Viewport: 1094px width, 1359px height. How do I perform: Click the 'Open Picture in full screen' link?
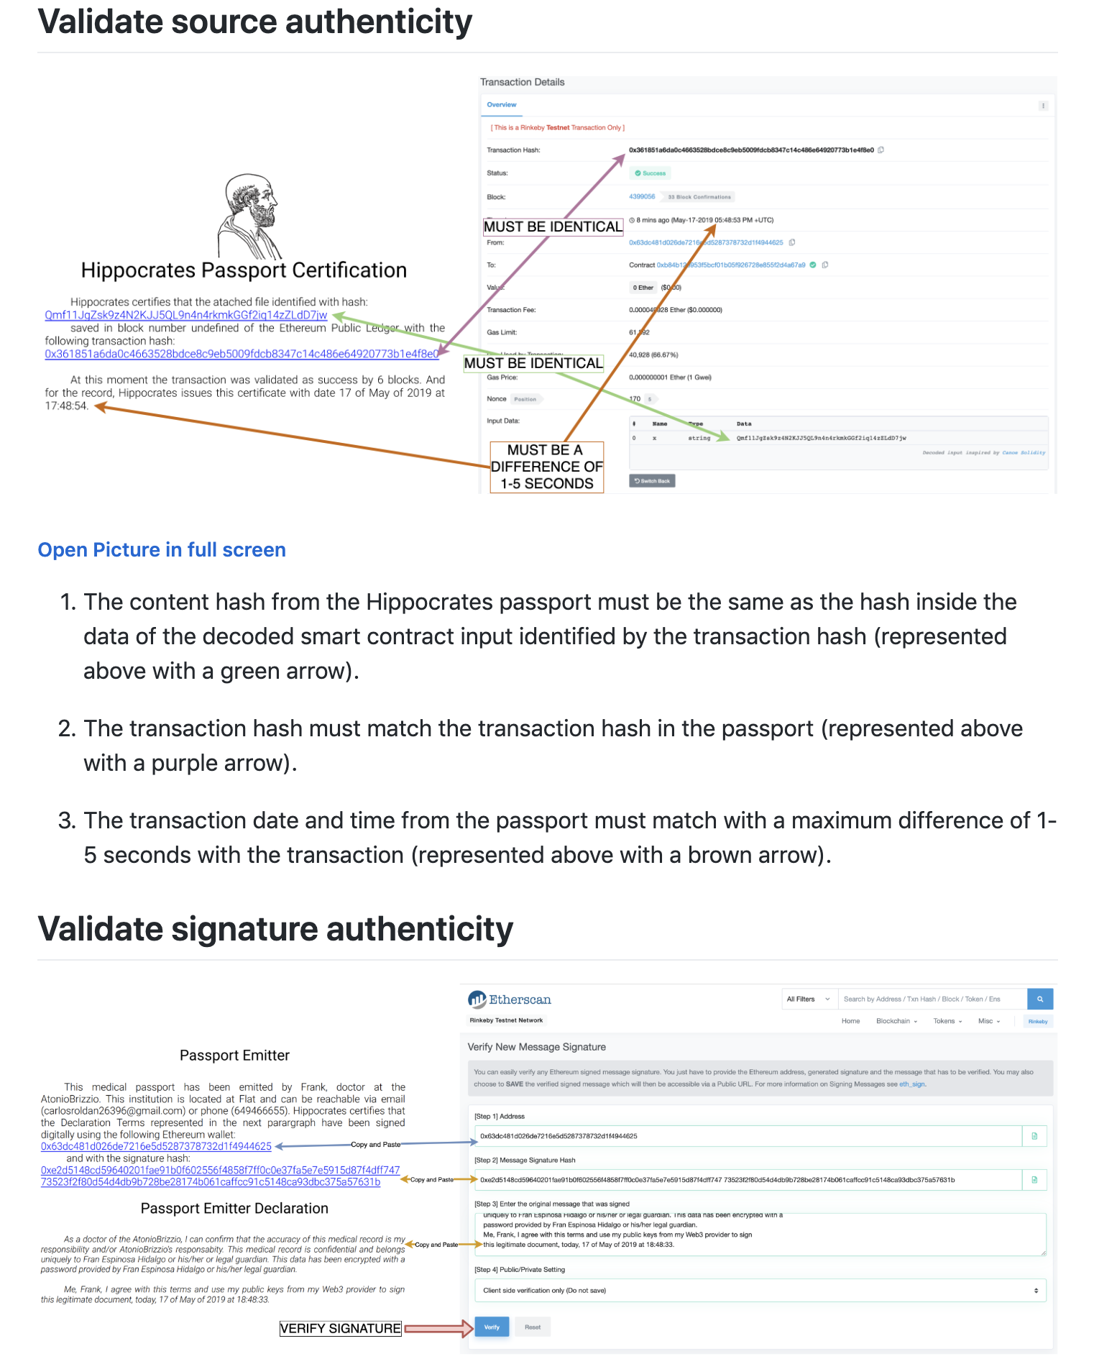[x=162, y=550]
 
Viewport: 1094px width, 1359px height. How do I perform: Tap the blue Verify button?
[x=492, y=1327]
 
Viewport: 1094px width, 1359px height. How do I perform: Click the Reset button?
[x=533, y=1327]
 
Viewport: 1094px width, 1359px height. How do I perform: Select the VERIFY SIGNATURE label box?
[x=340, y=1329]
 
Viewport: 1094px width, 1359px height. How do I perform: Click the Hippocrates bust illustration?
[x=249, y=216]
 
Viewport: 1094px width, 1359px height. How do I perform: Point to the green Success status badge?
[x=651, y=173]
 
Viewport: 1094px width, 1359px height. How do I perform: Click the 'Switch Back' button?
[x=652, y=481]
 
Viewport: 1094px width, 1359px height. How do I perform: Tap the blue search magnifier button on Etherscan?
[x=1040, y=999]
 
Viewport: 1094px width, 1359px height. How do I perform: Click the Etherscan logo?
[x=510, y=999]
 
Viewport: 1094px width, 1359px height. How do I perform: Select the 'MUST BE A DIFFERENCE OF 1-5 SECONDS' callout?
[x=546, y=467]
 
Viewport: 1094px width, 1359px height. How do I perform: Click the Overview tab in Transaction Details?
[x=502, y=105]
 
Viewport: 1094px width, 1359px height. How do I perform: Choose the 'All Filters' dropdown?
[x=808, y=999]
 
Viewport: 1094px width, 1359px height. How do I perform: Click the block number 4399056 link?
[x=642, y=196]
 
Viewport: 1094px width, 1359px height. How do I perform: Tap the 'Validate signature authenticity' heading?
[x=275, y=929]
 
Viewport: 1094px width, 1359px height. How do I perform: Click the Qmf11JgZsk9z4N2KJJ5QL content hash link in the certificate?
[x=185, y=315]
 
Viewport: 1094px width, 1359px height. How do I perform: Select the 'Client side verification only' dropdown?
[x=760, y=1291]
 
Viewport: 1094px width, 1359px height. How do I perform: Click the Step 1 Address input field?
[x=748, y=1136]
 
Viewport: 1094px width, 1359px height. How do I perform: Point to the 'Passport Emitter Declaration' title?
[x=234, y=1209]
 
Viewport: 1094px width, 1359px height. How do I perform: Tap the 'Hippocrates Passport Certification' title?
[x=244, y=270]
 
